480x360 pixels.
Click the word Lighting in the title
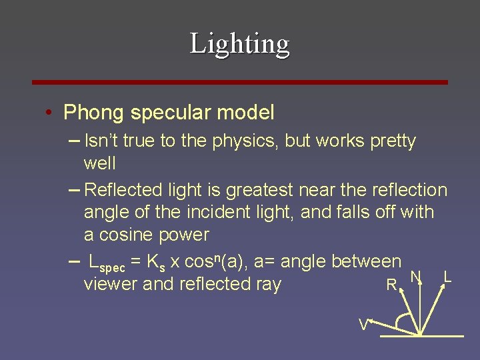coord(239,44)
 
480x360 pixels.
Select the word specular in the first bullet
coord(167,113)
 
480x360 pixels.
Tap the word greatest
coord(259,191)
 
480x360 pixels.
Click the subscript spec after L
coord(111,268)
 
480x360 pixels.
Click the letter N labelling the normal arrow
coord(415,277)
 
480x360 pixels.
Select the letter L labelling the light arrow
coord(447,276)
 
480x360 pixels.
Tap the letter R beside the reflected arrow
coord(391,286)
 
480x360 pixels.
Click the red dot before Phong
coord(50,113)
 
